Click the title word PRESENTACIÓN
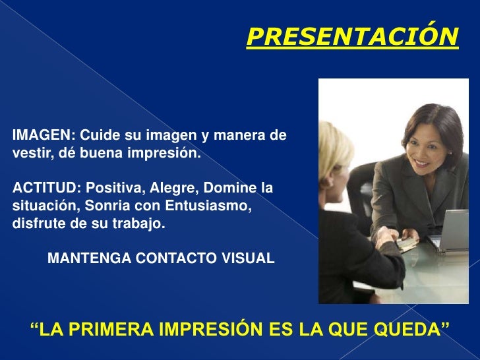point(351,38)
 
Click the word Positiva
point(112,189)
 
